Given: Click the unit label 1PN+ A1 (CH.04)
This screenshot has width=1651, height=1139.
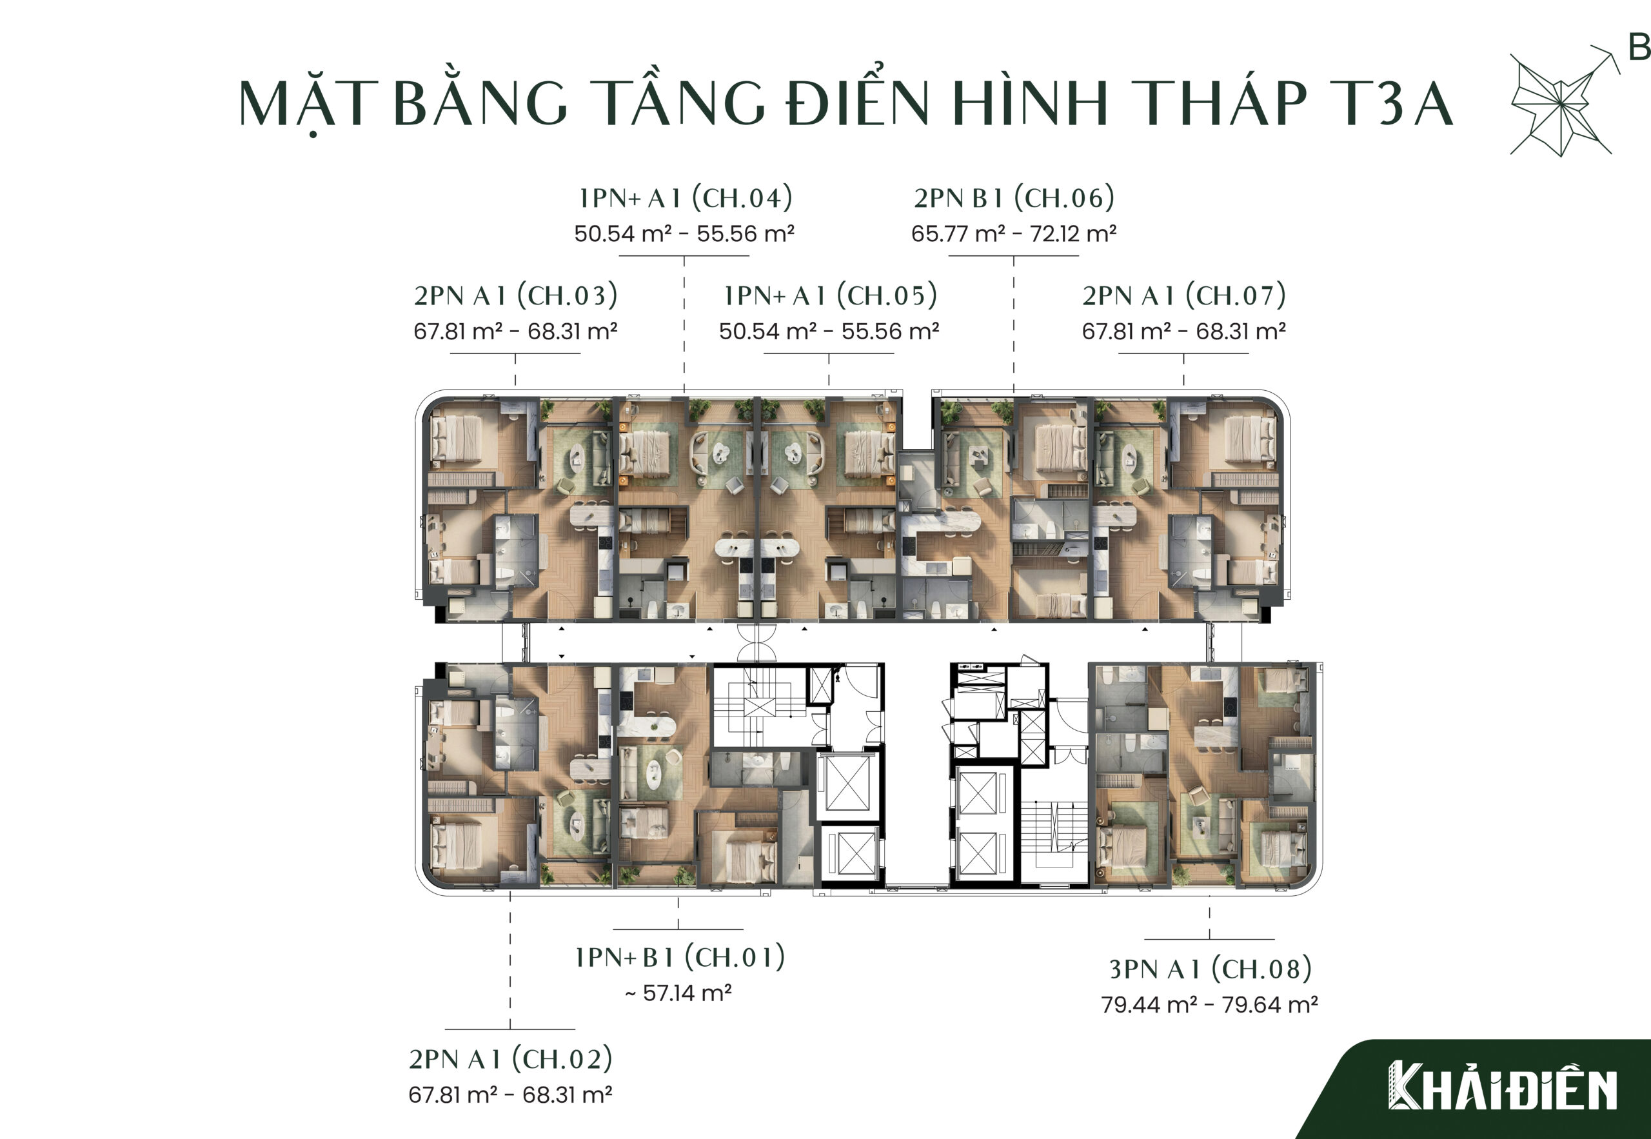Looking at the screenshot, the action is (x=685, y=198).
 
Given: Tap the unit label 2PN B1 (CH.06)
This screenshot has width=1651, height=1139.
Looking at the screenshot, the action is (x=1014, y=198).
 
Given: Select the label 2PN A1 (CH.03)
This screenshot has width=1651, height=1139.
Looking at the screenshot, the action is (x=515, y=295).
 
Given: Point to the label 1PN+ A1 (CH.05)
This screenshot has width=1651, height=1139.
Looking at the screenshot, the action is (x=830, y=295).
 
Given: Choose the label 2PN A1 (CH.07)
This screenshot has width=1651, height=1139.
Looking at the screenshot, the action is (x=1183, y=295).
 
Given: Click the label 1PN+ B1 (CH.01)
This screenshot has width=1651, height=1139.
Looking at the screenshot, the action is (x=679, y=957).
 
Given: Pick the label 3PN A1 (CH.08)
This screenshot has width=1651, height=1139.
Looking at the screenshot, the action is (x=1210, y=969).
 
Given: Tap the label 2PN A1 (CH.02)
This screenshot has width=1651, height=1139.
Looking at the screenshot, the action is (x=510, y=1059).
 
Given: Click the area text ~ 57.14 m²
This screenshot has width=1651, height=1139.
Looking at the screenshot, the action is (x=678, y=993).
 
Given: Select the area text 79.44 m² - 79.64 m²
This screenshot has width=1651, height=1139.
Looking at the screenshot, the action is (x=1209, y=1004).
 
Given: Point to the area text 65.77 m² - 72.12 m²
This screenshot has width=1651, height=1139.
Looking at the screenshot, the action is (x=1014, y=233).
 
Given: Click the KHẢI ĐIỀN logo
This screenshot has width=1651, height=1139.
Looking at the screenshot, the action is (x=1503, y=1085).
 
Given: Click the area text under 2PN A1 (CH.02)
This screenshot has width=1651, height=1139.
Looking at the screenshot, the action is (x=510, y=1094).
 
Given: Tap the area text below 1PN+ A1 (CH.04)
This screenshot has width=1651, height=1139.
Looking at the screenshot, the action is (x=684, y=233).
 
